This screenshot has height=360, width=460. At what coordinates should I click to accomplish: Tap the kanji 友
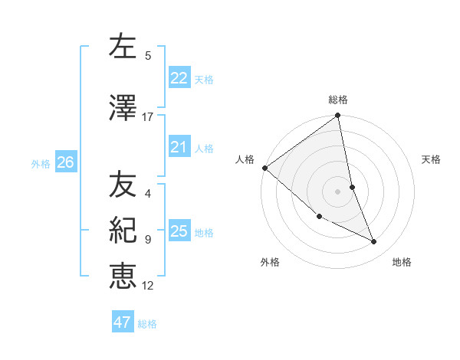point(123,185)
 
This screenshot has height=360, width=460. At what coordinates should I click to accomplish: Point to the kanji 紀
point(123,231)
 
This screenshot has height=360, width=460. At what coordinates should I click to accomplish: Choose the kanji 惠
point(123,277)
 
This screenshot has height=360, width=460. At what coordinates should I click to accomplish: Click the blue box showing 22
point(179,78)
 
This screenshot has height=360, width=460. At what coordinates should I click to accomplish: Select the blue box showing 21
point(179,147)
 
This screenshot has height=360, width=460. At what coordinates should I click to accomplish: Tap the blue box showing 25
point(179,231)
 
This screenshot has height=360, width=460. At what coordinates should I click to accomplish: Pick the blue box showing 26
point(65,162)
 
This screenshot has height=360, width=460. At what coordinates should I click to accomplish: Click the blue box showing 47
point(122,322)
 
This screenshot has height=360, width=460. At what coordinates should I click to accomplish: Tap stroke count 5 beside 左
point(148,55)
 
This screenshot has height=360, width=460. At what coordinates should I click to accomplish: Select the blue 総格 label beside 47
point(147,324)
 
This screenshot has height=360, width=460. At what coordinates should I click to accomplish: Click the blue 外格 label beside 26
point(41,163)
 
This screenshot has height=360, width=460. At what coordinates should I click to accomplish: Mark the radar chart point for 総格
point(338,116)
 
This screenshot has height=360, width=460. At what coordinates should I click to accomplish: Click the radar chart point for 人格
point(264,168)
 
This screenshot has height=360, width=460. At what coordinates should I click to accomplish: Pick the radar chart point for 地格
point(374,242)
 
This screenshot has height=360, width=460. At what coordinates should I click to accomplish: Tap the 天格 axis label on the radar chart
point(432,159)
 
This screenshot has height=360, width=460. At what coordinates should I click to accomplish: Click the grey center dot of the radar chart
point(338,191)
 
